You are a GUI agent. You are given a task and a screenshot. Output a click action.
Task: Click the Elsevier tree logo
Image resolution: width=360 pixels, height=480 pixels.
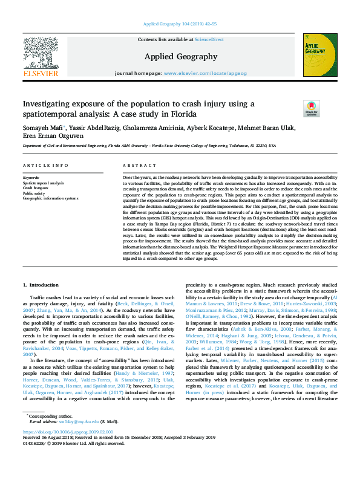(x=41, y=56)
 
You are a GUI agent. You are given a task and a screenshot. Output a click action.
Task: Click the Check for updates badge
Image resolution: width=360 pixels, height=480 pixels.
(x=311, y=109)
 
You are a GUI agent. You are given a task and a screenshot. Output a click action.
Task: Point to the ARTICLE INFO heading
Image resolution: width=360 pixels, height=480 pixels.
(x=45, y=165)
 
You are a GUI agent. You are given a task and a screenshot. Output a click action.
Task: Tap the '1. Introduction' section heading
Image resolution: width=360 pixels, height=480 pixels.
(x=41, y=284)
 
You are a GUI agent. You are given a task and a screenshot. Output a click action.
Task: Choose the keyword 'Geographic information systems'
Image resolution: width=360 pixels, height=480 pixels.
(x=51, y=198)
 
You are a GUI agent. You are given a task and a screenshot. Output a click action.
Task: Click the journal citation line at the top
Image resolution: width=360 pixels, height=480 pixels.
(x=179, y=24)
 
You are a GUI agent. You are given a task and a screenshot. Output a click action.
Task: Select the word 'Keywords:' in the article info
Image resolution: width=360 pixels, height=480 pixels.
(x=31, y=178)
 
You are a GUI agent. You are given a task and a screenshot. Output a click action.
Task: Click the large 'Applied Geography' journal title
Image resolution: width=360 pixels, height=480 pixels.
(x=180, y=57)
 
